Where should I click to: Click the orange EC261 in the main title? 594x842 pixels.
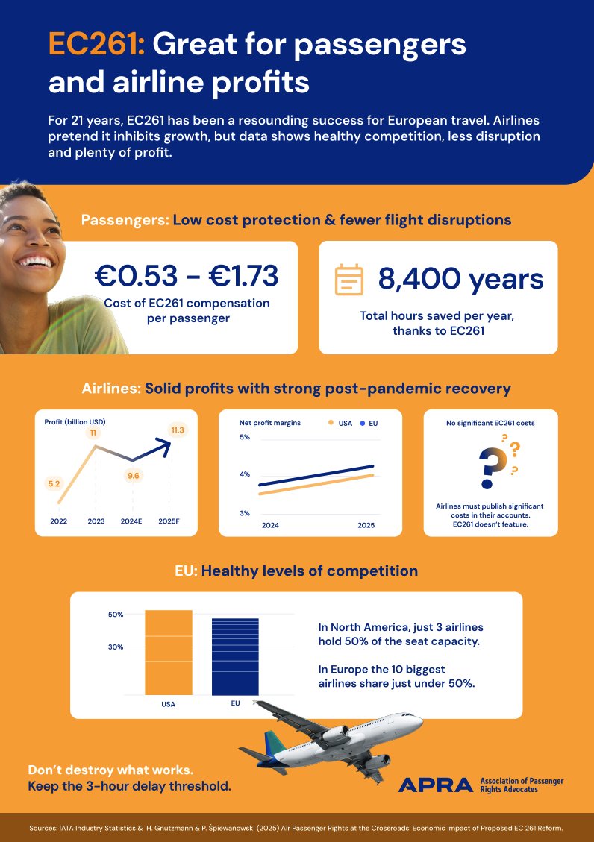click(x=96, y=45)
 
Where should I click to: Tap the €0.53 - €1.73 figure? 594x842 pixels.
click(x=187, y=276)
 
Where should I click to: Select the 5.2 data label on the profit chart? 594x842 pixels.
click(x=54, y=484)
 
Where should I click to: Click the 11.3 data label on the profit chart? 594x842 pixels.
click(x=178, y=430)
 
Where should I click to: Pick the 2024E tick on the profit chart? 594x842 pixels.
click(x=131, y=521)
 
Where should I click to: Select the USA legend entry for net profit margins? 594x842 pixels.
click(x=340, y=423)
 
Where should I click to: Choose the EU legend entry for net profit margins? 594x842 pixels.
click(x=369, y=423)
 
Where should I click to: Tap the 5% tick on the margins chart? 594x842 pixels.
click(x=245, y=437)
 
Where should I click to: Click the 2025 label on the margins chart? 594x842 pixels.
click(x=366, y=525)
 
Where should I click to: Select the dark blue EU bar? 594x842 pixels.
click(x=235, y=656)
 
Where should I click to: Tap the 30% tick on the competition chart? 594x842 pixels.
click(x=116, y=647)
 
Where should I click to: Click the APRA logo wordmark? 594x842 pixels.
click(x=436, y=785)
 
